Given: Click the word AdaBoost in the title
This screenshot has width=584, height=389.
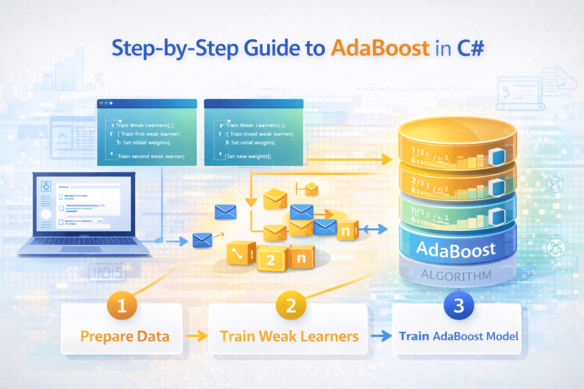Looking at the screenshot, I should (380, 48).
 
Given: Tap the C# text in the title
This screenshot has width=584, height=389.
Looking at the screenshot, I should (471, 48).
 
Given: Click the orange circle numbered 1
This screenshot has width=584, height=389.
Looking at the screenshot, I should (122, 305).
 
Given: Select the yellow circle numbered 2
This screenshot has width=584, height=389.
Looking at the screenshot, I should (291, 305).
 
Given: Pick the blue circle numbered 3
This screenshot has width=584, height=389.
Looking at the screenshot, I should (459, 305).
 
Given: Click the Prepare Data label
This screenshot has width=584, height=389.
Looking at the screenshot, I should (125, 337).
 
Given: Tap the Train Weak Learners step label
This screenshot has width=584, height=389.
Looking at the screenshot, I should (289, 337).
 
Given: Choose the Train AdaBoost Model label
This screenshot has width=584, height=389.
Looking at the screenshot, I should (459, 336).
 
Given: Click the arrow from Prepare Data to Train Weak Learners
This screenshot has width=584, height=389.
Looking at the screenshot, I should (197, 336).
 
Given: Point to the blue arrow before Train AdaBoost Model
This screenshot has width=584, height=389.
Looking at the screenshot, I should (381, 336).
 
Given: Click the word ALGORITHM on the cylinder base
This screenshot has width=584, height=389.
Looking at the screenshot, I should (456, 275).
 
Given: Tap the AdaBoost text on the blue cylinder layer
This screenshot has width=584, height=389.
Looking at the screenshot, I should (456, 250).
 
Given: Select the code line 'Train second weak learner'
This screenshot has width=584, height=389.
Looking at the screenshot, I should (151, 156).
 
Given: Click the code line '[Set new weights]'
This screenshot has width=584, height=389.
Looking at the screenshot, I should (248, 156).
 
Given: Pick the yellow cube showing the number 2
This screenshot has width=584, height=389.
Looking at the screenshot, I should (271, 259).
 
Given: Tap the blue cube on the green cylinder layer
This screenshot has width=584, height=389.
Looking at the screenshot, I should (496, 217).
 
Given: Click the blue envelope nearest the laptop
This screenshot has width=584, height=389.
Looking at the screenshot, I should (202, 240).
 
